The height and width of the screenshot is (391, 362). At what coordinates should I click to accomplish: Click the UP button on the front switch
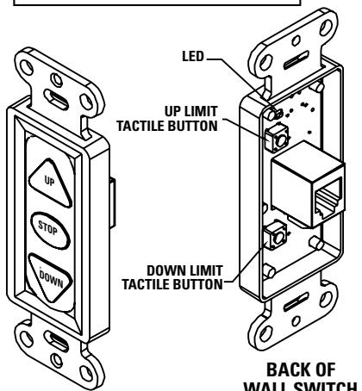click(49, 181)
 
